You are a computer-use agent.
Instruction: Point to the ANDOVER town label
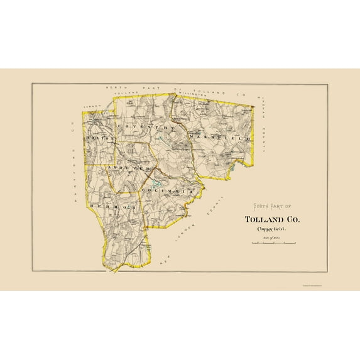point(127,169)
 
